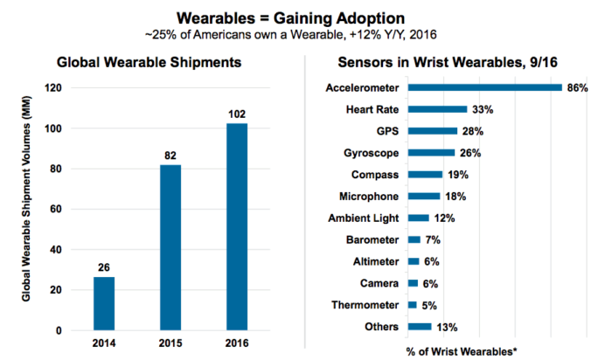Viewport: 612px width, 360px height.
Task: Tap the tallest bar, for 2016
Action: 237,227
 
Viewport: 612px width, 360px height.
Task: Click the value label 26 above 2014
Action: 104,267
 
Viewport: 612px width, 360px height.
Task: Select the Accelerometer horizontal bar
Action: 484,87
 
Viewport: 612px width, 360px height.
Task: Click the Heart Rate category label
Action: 373,109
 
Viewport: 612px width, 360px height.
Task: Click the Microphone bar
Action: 424,197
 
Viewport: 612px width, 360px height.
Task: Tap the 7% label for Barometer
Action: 433,239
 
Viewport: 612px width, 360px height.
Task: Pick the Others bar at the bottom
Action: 420,327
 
